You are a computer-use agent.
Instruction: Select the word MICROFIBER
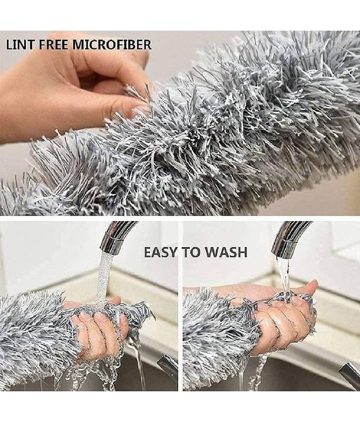[x=111, y=44]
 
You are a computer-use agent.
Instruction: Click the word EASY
[x=162, y=252]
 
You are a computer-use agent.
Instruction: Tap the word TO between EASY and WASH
[x=192, y=252]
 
